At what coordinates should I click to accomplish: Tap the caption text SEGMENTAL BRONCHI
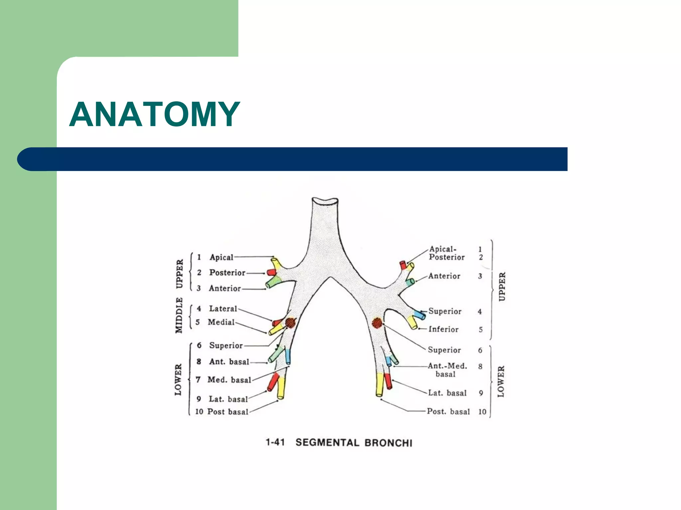point(354,443)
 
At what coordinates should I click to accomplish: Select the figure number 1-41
point(275,442)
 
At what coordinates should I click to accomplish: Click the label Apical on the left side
point(221,257)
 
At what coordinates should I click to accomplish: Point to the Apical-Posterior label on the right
point(446,253)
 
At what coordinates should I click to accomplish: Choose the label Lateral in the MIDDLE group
point(223,308)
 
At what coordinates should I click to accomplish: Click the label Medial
point(221,322)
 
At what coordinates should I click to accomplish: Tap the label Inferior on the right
point(443,329)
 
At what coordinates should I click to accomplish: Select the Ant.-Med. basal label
point(447,370)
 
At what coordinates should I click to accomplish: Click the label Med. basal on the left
point(229,380)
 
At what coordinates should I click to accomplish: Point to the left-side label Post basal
point(228,412)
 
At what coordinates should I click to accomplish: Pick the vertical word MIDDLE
point(179,315)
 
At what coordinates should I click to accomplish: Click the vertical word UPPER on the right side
point(502,287)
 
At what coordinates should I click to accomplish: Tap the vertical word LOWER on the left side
point(179,380)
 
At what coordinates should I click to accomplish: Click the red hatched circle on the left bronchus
point(290,323)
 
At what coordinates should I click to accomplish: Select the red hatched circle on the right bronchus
point(377,323)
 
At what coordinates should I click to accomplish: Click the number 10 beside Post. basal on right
point(482,412)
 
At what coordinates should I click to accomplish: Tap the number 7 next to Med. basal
point(198,380)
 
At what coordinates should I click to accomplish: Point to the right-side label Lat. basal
point(447,393)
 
